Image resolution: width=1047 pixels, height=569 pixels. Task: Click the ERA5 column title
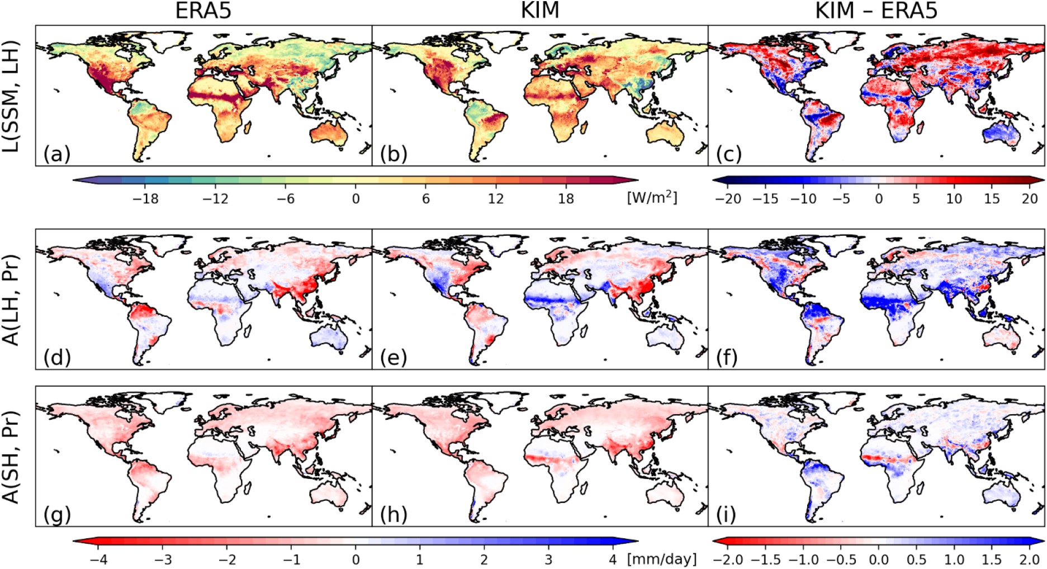coord(203,11)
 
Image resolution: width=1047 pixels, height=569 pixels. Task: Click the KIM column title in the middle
coord(539,11)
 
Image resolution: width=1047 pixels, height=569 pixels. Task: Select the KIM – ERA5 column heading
coord(876,11)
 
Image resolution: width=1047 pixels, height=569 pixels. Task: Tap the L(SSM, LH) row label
coord(11,96)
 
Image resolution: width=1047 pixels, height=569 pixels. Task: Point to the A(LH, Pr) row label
coord(11,300)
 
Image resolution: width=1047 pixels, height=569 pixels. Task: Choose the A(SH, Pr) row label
coord(11,457)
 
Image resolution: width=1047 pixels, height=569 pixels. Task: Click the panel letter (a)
coord(56,153)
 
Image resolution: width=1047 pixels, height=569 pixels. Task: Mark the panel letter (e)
coord(393,357)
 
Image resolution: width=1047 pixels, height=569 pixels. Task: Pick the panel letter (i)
coord(726,514)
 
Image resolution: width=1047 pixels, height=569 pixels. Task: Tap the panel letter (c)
coord(729,153)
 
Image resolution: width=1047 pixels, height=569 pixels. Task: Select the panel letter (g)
coord(56,514)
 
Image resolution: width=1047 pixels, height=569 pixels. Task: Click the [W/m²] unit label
coord(652,198)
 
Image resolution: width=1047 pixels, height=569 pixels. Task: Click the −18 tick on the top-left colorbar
coord(146,198)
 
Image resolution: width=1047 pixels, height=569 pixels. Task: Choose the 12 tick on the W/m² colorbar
coord(496,198)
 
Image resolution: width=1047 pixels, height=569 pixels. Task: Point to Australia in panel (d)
coord(327,339)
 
